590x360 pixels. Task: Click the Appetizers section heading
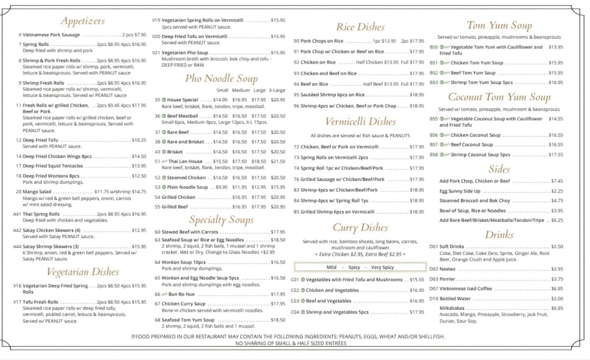[x=82, y=21]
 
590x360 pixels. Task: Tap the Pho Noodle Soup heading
[x=221, y=78]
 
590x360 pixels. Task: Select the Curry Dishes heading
[x=361, y=228]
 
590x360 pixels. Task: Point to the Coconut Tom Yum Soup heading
[x=500, y=97]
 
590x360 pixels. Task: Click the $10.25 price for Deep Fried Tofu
[x=139, y=140]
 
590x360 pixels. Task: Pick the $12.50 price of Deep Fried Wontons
[x=139, y=176]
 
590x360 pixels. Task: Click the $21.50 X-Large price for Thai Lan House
[x=278, y=161]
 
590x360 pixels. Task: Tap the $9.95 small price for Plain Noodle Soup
[x=221, y=187]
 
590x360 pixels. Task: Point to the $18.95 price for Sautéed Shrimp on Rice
[x=417, y=95]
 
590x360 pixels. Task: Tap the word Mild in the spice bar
[x=331, y=267]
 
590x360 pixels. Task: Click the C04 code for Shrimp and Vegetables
[x=295, y=312]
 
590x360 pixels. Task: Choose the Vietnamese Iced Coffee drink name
[x=466, y=289]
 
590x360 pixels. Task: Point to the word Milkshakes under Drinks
[x=453, y=308]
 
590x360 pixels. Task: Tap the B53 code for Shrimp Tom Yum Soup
[x=434, y=82]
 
